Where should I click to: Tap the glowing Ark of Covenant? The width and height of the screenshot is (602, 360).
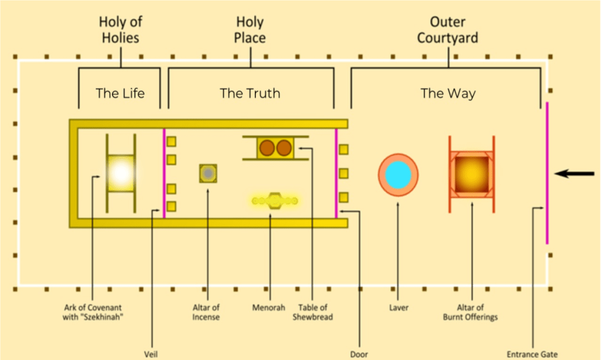coord(121,173)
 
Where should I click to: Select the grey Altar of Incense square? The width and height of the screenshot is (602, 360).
coord(208,174)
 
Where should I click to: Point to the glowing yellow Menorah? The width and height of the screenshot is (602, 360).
coord(274,201)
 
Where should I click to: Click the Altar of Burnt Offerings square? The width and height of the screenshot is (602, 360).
coord(471,174)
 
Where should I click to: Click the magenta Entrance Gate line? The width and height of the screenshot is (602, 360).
coord(547,173)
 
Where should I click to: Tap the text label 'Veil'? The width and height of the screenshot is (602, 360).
coord(151,354)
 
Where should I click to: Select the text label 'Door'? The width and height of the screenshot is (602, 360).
coord(358,354)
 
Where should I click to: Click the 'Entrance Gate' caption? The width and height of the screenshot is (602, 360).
coord(532,354)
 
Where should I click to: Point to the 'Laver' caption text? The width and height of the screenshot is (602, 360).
coord(398,308)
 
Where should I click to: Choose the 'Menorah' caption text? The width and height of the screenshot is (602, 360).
coord(269,308)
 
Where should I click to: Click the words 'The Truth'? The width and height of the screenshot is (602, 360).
coord(250,93)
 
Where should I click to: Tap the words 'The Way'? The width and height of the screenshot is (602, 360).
coord(448,93)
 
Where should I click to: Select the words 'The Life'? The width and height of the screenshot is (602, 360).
coord(120,93)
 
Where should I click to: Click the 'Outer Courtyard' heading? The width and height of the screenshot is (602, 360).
coord(448,30)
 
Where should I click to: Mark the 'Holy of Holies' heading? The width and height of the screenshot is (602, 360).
coord(120,30)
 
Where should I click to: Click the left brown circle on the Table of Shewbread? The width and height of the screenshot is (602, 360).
coord(268,148)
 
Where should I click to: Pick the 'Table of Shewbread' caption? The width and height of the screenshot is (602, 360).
coord(312,312)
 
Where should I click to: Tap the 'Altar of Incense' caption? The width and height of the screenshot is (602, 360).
coord(206,312)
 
